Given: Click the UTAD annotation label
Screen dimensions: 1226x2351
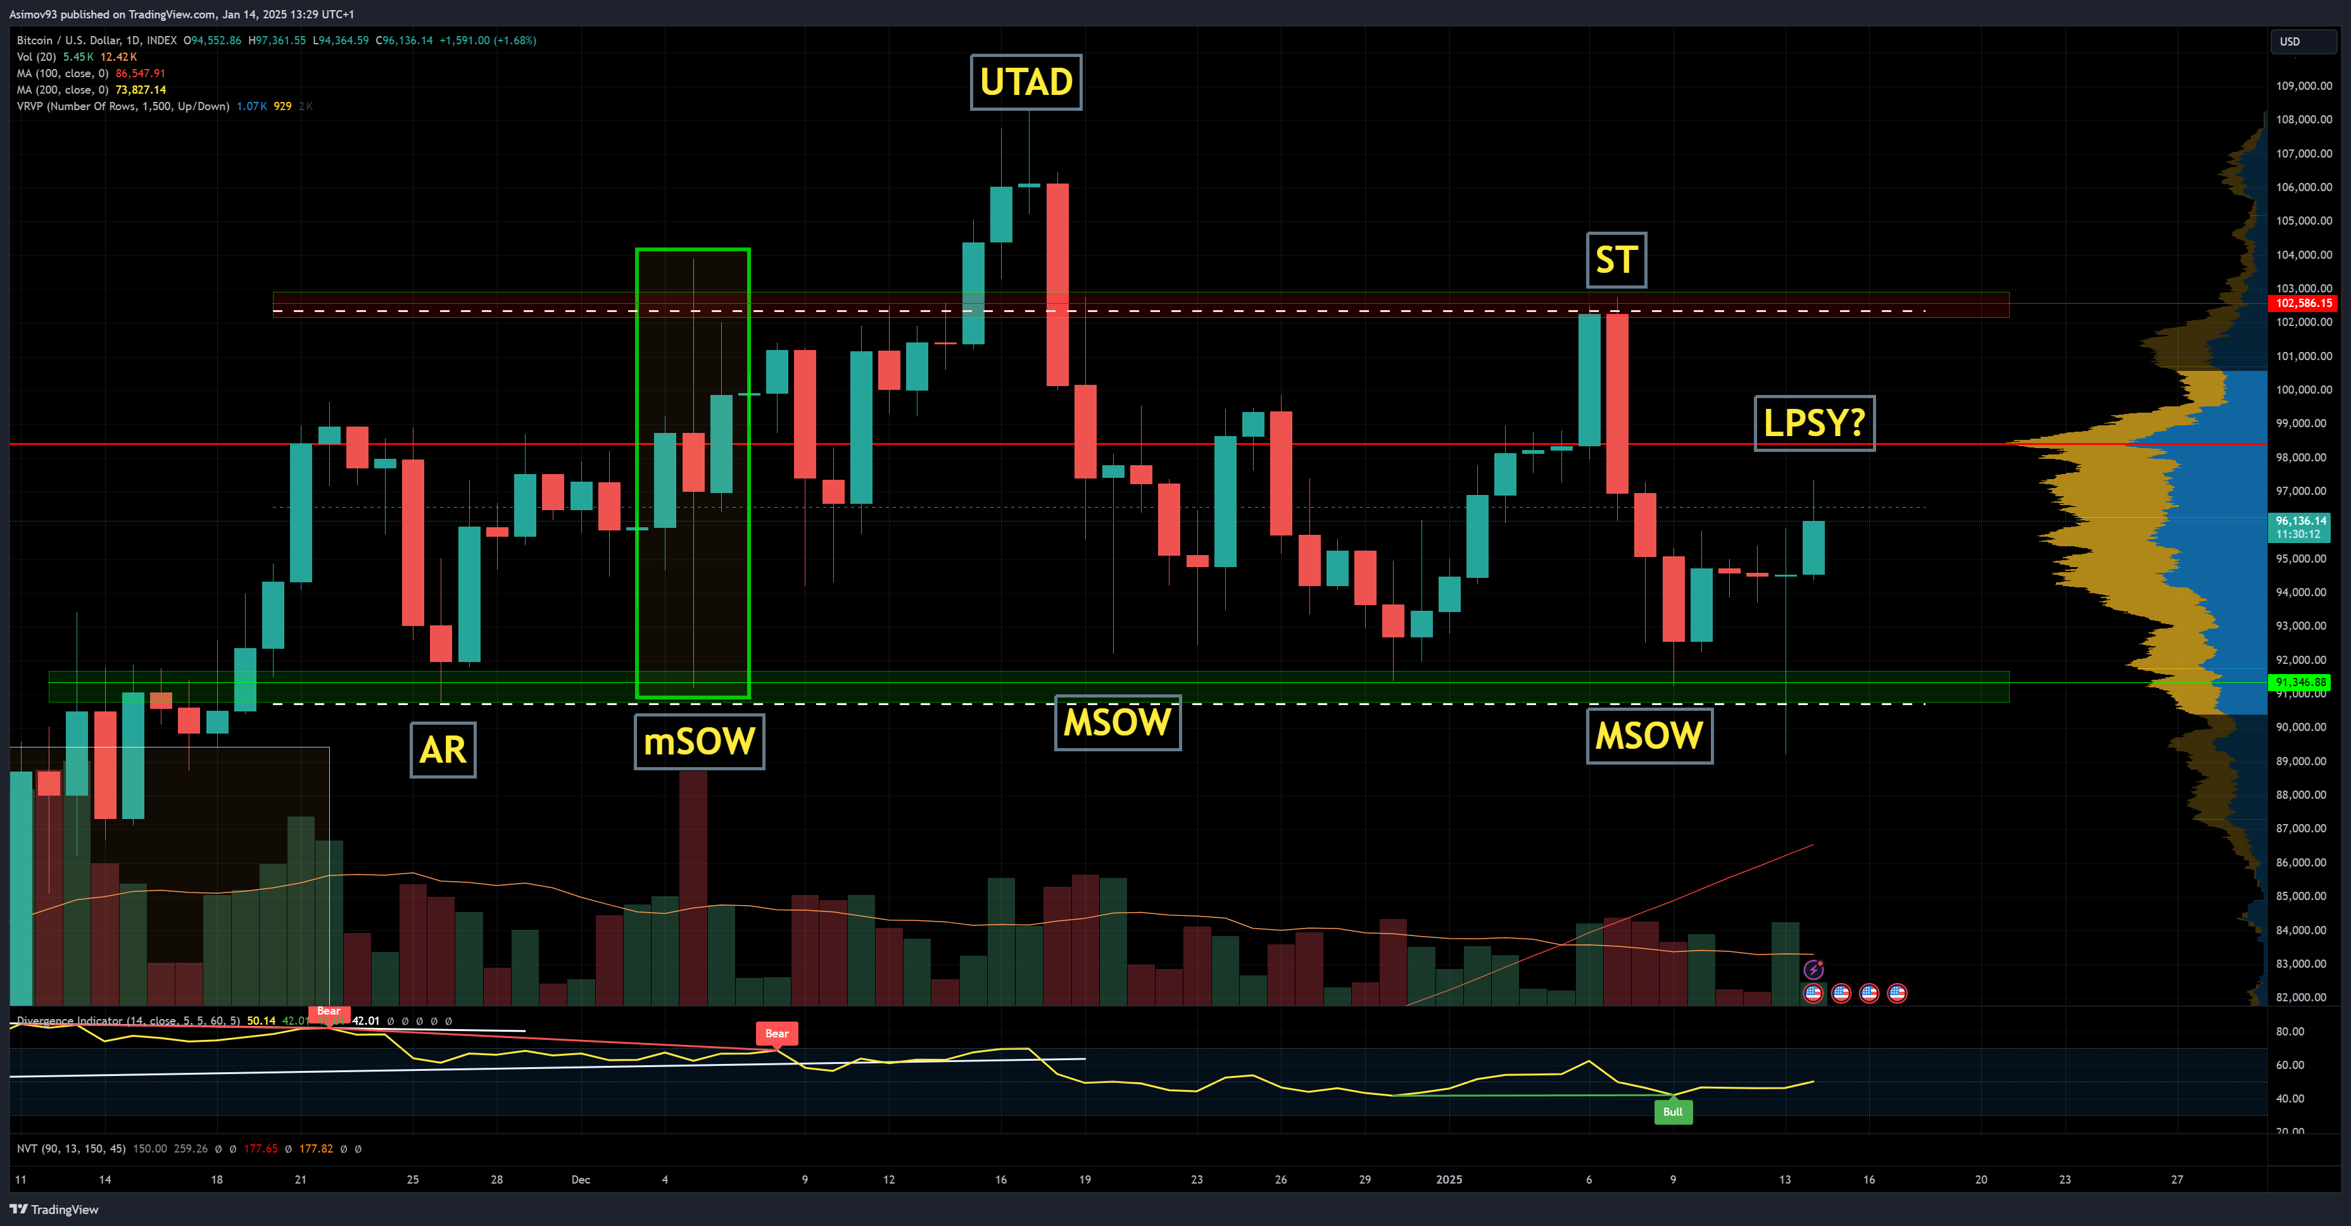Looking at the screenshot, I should tap(1026, 82).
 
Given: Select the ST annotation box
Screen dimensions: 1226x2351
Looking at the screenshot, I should tap(1617, 260).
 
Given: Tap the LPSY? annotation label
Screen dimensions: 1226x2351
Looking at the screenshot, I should tap(1813, 423).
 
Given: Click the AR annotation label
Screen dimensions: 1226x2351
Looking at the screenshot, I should tap(443, 750).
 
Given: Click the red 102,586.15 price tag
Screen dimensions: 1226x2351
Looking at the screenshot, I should tap(2303, 303).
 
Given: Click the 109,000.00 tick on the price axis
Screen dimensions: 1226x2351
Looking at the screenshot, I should tap(2303, 85).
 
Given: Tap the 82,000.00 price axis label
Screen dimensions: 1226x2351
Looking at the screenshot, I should tap(2303, 997).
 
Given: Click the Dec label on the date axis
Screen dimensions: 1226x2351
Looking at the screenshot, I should tap(581, 1179).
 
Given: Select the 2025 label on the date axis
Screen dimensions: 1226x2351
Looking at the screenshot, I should tap(1448, 1179).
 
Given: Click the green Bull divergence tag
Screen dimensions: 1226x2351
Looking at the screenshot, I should tap(1673, 1112).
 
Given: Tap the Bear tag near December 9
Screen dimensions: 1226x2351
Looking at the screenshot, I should tap(777, 1034).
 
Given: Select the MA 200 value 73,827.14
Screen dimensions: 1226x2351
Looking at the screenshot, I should tap(141, 89).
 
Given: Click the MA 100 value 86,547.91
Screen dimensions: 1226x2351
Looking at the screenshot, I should tap(141, 73).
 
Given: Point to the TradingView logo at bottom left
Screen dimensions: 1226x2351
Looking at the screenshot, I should tap(54, 1210).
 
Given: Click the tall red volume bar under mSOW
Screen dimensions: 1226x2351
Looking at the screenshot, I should tap(693, 885).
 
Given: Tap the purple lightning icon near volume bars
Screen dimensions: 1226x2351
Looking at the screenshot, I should tap(1813, 969).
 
